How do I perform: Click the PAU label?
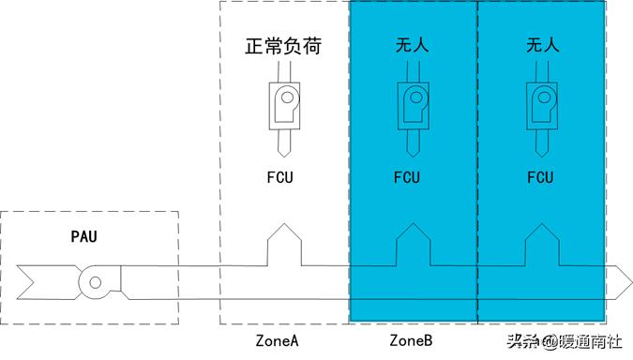coord(83,235)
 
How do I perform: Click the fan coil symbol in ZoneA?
coord(284,106)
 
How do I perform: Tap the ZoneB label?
coord(411,340)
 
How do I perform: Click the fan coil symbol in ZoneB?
coord(414,106)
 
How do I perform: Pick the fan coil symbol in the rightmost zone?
coord(541,106)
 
